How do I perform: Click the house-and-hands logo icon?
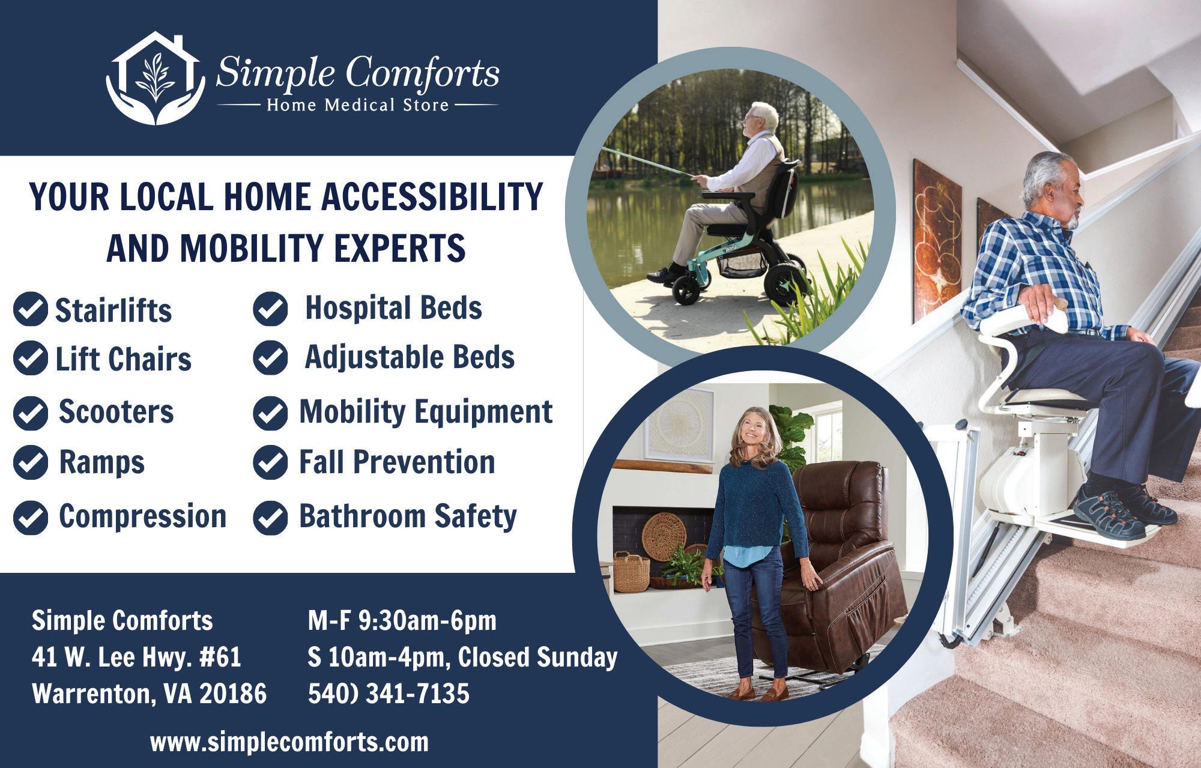tap(153, 78)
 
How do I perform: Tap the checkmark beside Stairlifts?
tap(30, 309)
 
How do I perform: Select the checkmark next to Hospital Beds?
tap(271, 309)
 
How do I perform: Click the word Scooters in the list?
tap(116, 412)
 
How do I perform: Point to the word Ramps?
tap(101, 462)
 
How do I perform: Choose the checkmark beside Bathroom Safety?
tap(271, 518)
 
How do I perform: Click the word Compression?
tap(142, 516)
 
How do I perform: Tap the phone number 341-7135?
tap(418, 694)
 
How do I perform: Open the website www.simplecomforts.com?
tap(289, 742)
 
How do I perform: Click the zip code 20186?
tap(233, 694)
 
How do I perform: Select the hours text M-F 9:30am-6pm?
tap(402, 621)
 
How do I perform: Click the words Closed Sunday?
tap(537, 657)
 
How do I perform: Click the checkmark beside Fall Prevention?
tap(271, 462)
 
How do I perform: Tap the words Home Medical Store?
tap(358, 106)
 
